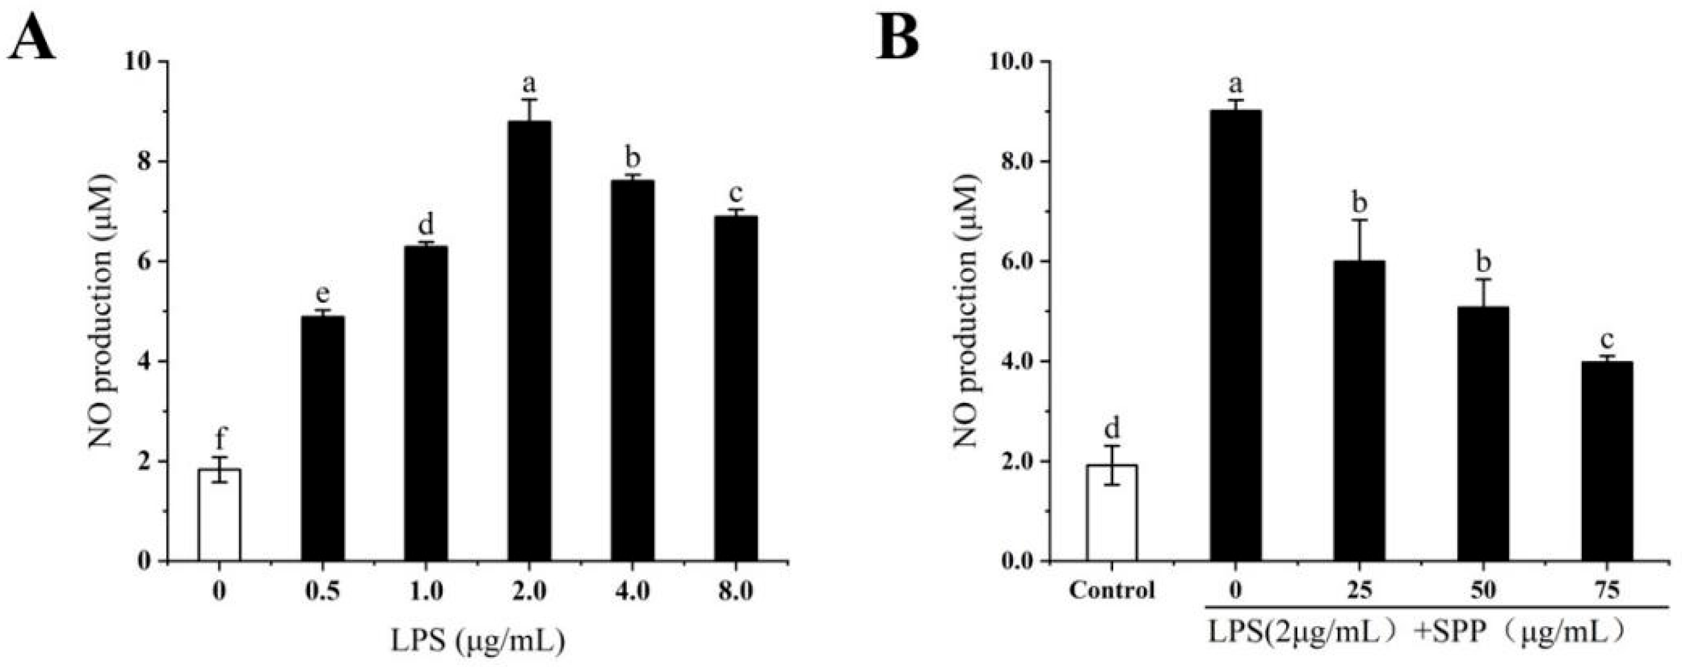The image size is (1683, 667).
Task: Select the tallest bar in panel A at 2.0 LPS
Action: (x=528, y=339)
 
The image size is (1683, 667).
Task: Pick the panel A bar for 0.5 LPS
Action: (x=323, y=438)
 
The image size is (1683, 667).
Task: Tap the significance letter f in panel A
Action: (x=220, y=437)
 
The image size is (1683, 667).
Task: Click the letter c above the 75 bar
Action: (x=1607, y=341)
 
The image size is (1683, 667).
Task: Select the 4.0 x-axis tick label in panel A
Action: (x=633, y=591)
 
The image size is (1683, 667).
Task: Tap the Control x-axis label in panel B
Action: (x=1112, y=591)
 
